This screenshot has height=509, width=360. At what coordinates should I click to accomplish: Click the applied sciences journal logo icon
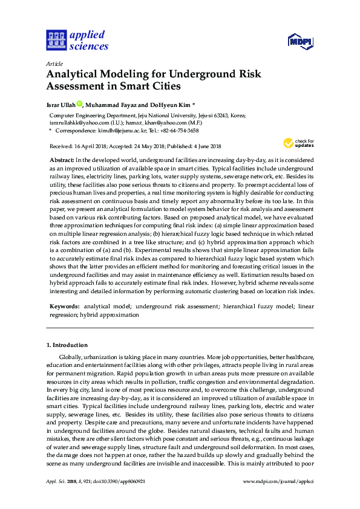tap(56, 40)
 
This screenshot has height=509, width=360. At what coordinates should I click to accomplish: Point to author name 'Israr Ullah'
tap(61, 104)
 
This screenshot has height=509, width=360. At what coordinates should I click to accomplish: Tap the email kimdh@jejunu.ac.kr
tap(118, 130)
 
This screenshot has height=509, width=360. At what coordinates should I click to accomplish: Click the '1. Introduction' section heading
tap(67, 345)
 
